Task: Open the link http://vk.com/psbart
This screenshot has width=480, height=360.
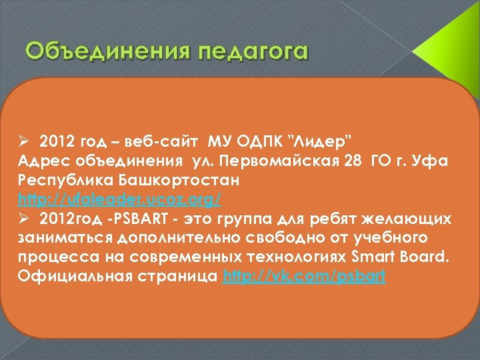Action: tap(305, 275)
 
